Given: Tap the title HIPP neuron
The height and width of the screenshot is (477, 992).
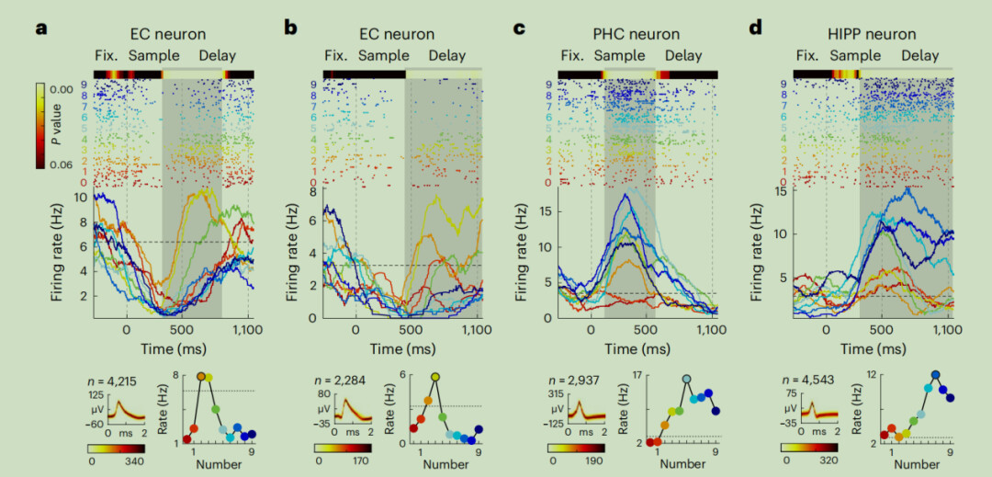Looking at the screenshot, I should pyautogui.click(x=871, y=35).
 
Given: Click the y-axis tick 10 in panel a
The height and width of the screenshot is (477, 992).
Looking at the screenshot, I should pyautogui.click(x=81, y=198).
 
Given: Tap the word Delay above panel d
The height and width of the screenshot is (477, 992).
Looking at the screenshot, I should pyautogui.click(x=919, y=56).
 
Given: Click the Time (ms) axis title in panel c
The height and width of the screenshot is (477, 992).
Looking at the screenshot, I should pyautogui.click(x=642, y=349).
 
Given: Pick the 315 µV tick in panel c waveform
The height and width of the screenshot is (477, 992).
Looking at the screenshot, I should pyautogui.click(x=554, y=394).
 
